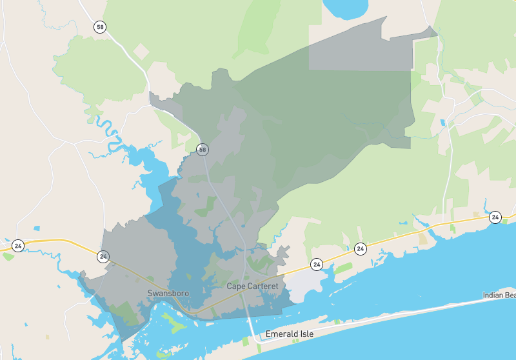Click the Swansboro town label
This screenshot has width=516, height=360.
point(168,294)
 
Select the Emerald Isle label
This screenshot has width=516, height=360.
point(289,334)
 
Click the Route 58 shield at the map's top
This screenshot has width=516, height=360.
point(99,27)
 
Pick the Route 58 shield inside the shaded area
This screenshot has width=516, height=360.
point(203,150)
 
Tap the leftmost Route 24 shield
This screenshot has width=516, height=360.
point(18,246)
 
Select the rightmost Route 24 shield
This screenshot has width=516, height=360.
point(495,217)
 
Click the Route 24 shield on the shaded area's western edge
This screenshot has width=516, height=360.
point(103,257)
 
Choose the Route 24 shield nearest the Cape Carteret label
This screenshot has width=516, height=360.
point(316,265)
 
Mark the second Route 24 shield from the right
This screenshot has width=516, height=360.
point(361,248)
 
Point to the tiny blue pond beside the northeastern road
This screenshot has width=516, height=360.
point(442,122)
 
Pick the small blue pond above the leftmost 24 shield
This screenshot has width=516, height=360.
point(36,228)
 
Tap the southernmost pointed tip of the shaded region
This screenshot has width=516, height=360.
point(123,340)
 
